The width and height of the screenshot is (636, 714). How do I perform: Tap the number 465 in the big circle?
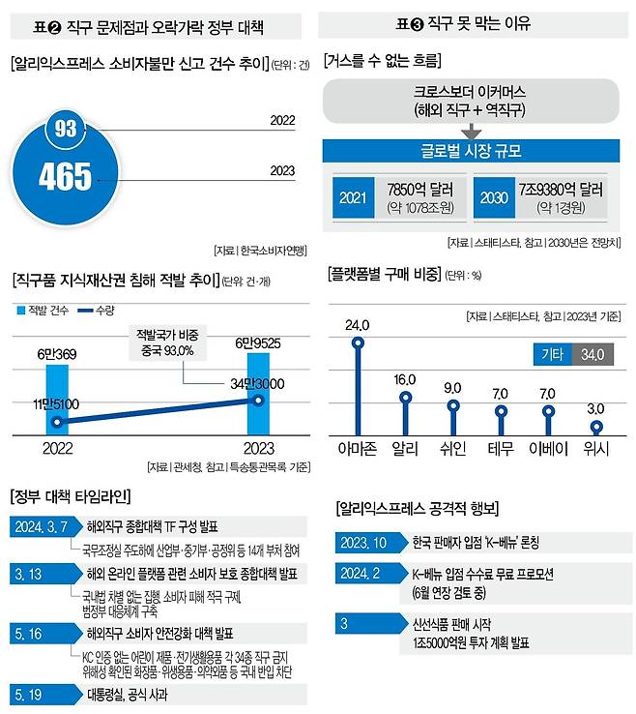[66, 177]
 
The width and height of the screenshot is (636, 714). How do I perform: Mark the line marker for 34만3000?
[256, 399]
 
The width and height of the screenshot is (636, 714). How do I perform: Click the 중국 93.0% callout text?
[165, 349]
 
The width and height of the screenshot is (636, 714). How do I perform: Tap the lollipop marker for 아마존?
[360, 342]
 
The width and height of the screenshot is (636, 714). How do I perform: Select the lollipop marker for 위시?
[597, 426]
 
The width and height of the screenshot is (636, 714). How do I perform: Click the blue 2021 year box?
[354, 199]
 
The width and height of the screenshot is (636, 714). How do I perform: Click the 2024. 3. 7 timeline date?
[42, 526]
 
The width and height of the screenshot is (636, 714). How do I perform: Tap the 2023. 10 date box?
[364, 542]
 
